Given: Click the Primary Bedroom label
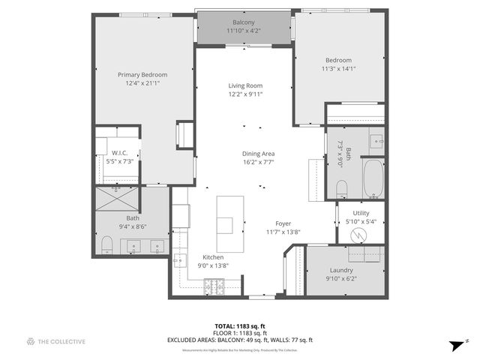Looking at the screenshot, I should [x=142, y=75].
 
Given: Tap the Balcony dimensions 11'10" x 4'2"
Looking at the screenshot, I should [x=244, y=31].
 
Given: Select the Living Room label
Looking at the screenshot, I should [x=245, y=85].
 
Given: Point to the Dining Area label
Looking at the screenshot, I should [x=257, y=153].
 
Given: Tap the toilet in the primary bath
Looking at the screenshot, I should [x=106, y=244].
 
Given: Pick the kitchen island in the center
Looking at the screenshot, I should [x=231, y=224].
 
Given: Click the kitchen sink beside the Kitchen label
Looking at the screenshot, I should [x=180, y=260].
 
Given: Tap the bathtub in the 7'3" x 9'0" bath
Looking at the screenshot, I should [x=373, y=178].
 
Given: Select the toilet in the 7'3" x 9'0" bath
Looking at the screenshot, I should [x=340, y=187].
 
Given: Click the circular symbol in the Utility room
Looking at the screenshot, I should [x=361, y=233].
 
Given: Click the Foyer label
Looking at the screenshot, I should [x=283, y=223].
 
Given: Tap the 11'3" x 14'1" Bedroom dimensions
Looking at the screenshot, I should [x=339, y=68].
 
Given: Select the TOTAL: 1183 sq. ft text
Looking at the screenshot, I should [x=240, y=326].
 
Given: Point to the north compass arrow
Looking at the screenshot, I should [x=454, y=345].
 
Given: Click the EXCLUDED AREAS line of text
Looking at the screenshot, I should [x=240, y=340].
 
